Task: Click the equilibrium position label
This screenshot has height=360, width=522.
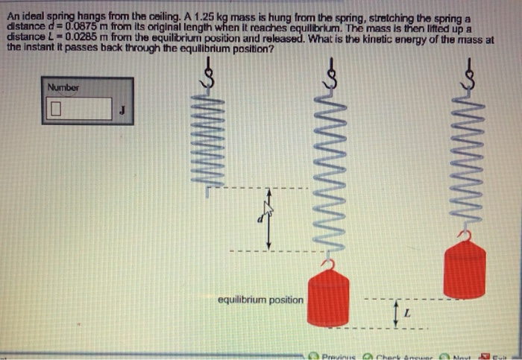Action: (260, 300)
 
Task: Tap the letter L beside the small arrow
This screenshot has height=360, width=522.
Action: (407, 314)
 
